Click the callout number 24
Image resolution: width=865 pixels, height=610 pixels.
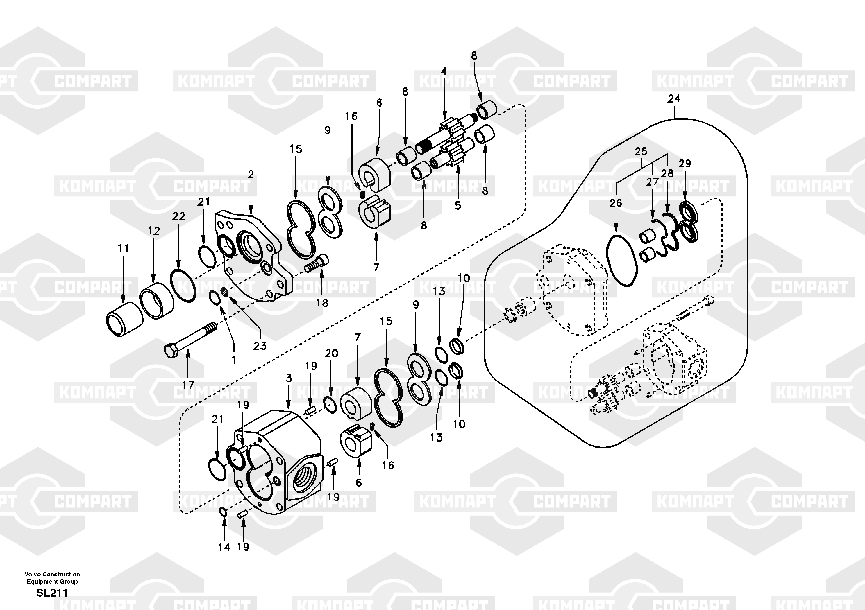674,99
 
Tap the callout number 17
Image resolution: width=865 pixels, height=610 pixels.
188,385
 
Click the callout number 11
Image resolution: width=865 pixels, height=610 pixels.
123,248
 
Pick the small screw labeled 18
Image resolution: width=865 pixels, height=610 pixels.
317,263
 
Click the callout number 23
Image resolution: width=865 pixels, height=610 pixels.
260,345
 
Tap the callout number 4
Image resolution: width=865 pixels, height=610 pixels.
444,71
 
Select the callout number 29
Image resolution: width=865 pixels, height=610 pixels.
685,164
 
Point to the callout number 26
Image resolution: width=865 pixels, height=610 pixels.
616,203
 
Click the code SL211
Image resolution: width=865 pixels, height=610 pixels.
52,593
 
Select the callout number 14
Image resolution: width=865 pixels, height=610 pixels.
224,547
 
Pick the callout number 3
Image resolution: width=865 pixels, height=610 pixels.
289,378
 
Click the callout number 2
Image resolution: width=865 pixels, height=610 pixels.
251,174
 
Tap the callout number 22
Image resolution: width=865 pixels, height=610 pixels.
178,216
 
